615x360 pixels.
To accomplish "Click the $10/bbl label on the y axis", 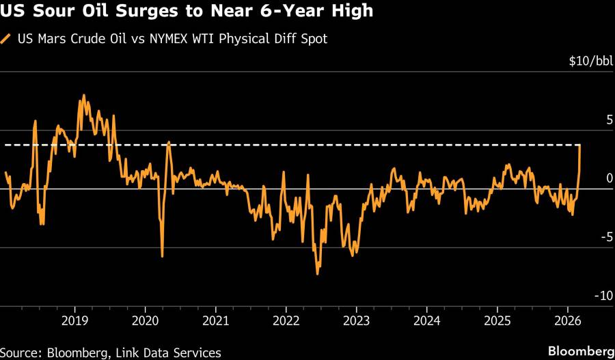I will (x=591, y=61).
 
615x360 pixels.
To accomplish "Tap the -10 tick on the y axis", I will (x=604, y=296).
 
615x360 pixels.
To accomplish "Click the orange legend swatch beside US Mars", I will (x=6, y=38).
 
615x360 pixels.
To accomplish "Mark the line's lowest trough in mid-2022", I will (x=317, y=274).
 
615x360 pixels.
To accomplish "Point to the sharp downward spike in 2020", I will (x=162, y=256).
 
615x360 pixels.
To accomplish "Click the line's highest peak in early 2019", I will (x=83, y=95).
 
